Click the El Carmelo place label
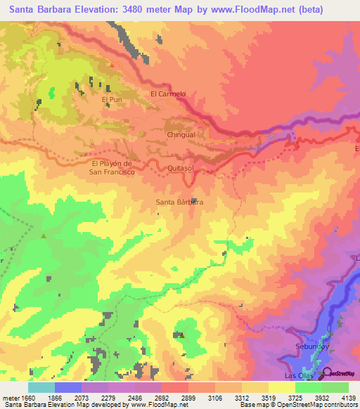click(x=168, y=93)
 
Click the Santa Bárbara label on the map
click(x=179, y=202)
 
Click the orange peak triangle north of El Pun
click(x=111, y=65)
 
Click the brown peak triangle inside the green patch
click(x=182, y=335)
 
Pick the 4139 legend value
click(x=349, y=398)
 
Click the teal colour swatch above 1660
click(x=41, y=387)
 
